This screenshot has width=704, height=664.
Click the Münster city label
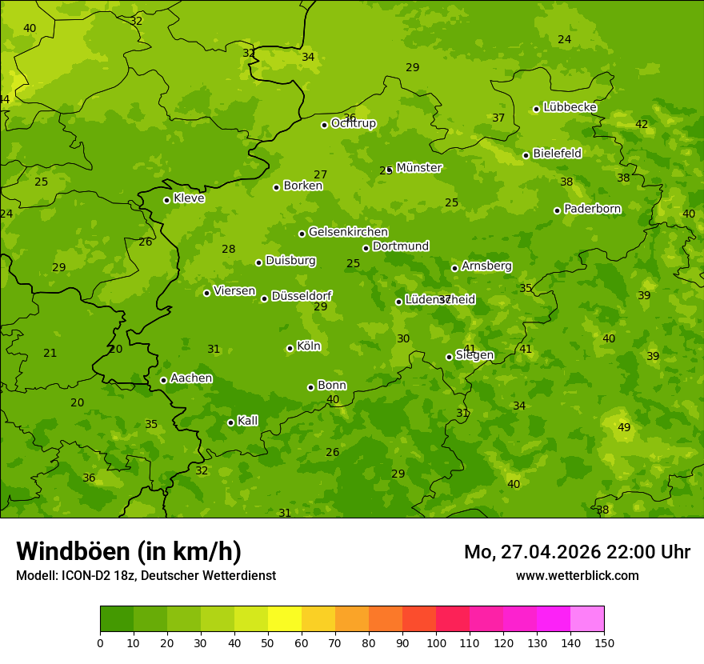418,168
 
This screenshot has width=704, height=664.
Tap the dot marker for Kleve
166,200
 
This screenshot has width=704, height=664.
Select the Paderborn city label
592,209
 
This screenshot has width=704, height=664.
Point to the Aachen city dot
163,380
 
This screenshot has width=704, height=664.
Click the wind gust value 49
624,428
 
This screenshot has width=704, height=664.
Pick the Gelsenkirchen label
348,233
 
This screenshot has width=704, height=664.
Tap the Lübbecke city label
570,107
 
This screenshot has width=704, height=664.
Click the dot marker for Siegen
449,357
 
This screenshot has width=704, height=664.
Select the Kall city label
247,421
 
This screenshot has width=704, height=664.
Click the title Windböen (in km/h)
129,551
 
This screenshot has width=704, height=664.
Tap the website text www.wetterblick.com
577,576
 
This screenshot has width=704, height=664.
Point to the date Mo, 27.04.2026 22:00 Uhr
577,552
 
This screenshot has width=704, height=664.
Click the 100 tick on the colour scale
436,642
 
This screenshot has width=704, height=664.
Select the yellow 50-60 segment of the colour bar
285,619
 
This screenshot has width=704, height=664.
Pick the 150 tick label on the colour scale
603,642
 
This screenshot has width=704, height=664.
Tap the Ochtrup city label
353,124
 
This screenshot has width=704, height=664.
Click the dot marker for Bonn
310,387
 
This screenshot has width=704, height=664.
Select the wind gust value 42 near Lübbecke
642,124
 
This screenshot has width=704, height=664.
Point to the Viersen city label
234,291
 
